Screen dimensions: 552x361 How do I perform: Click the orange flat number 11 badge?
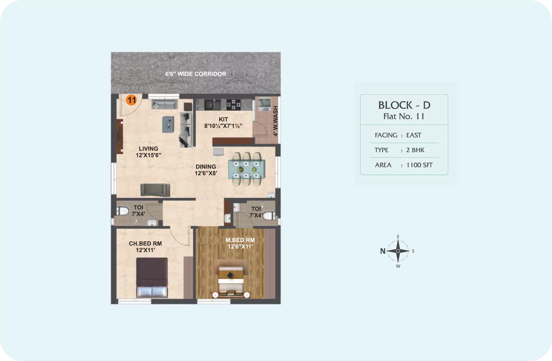point(131,100)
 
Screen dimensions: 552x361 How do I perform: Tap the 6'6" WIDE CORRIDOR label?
point(196,74)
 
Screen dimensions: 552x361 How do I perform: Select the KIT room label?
point(223,119)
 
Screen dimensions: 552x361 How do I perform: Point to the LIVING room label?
point(148,149)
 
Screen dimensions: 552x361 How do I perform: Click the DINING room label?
point(206,166)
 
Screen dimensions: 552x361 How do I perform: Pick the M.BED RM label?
point(240,240)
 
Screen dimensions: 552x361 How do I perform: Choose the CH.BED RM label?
point(145,243)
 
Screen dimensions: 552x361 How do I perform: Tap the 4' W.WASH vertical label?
point(275,121)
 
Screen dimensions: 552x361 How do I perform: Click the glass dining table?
point(247,169)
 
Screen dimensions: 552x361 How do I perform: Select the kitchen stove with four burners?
point(233,105)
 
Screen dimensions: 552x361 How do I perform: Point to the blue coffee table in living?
point(168,125)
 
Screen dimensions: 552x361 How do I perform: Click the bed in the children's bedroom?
point(152,278)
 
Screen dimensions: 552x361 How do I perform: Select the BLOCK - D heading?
point(404,105)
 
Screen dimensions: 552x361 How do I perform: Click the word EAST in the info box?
point(414,135)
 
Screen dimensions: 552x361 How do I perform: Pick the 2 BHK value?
point(415,150)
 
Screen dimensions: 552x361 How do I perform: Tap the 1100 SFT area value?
point(419,165)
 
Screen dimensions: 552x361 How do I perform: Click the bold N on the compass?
point(383,251)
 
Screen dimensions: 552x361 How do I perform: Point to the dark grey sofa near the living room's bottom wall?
point(155,190)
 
